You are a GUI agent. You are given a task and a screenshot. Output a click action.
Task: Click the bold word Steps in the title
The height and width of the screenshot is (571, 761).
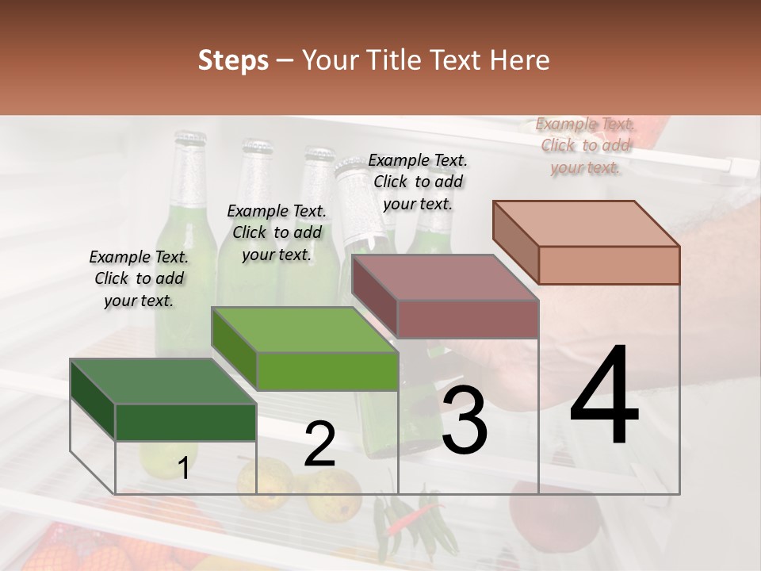233,60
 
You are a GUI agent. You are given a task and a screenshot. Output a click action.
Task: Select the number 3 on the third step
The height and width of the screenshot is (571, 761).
465,420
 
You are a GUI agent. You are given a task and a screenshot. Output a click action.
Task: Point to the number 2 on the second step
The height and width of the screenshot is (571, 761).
319,445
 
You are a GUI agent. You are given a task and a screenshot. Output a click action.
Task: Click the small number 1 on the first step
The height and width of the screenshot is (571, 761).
183,469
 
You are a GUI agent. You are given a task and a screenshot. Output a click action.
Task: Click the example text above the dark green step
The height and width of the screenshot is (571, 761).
139,278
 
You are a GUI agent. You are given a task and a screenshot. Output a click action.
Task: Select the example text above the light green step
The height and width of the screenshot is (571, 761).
277,232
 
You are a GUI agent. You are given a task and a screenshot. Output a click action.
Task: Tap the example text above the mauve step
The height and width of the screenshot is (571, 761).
418,182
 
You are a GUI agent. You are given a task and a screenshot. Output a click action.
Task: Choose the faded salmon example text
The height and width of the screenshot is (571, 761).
585,145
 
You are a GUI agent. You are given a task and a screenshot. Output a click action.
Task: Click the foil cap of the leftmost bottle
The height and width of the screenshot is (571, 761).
189,163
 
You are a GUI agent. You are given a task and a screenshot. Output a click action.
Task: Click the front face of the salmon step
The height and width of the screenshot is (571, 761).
609,265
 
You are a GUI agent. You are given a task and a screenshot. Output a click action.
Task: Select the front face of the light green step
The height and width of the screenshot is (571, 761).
327,371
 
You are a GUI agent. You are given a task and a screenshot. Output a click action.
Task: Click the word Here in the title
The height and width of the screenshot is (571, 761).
518,60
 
